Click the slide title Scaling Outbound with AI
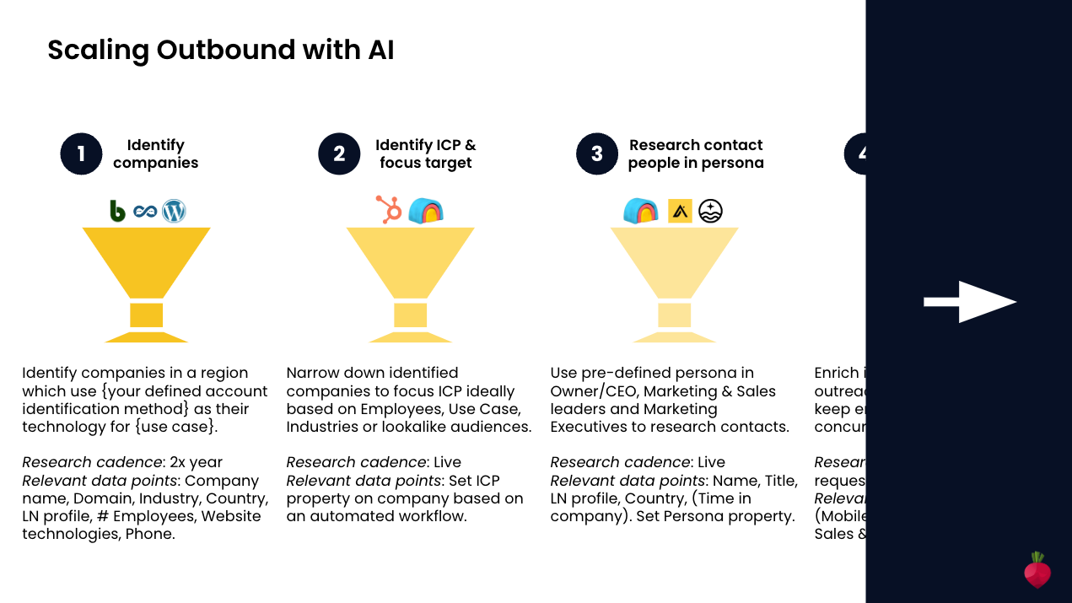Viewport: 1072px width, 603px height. coord(220,51)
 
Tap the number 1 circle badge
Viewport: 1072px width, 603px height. coord(81,154)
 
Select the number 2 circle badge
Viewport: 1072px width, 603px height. coord(339,154)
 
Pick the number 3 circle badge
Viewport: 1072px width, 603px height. coord(597,154)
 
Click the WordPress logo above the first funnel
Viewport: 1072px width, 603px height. coord(174,211)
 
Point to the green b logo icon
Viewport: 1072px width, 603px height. coord(117,211)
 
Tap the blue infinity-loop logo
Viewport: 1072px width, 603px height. coord(145,212)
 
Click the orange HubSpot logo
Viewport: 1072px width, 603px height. coord(389,210)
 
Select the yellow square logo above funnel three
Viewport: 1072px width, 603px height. coord(680,211)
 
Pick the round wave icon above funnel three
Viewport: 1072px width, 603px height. coord(710,211)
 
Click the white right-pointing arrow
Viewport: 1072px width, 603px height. coord(970,302)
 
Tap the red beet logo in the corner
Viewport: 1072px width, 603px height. coord(1037,571)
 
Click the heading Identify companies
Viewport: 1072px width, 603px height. coord(155,154)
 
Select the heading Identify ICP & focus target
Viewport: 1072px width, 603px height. coord(425,154)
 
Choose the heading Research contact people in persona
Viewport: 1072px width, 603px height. coord(696,154)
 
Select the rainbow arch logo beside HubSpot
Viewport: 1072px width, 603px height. coord(426,211)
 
